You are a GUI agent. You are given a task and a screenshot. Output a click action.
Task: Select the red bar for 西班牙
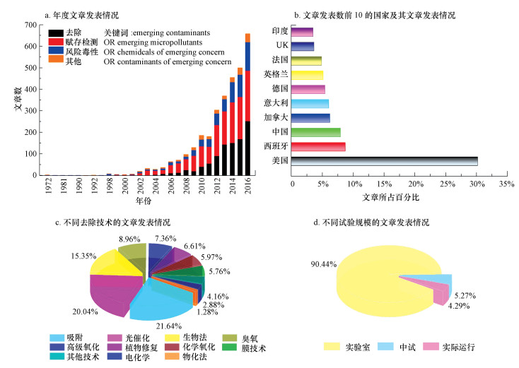point(319,147)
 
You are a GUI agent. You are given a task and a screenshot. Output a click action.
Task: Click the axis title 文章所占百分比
point(390,196)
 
